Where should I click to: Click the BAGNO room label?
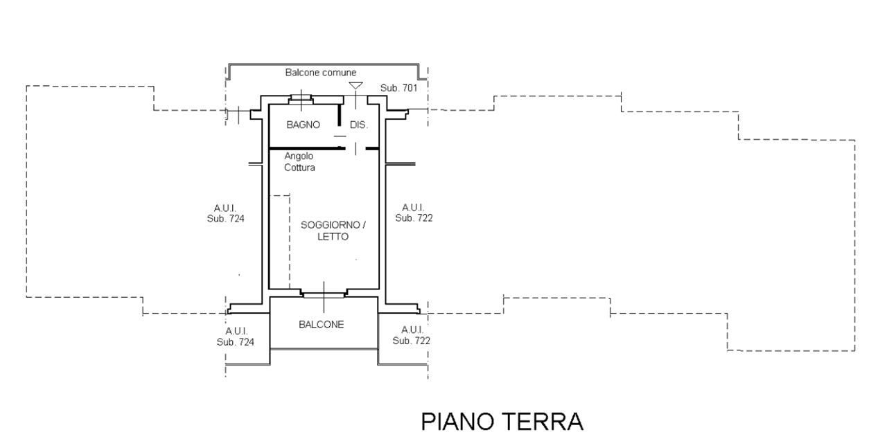303,125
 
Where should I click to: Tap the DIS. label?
358,125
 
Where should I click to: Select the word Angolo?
299,157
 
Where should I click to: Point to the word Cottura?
300,168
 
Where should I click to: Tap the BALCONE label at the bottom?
322,324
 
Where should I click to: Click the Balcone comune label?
321,73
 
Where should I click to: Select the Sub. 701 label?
398,89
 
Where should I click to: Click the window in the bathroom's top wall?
301,98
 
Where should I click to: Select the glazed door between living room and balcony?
324,294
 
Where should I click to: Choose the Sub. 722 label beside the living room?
414,217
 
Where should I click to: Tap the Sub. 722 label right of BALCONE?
412,341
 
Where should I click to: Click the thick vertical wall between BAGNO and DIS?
340,114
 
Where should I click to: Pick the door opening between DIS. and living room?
355,148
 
